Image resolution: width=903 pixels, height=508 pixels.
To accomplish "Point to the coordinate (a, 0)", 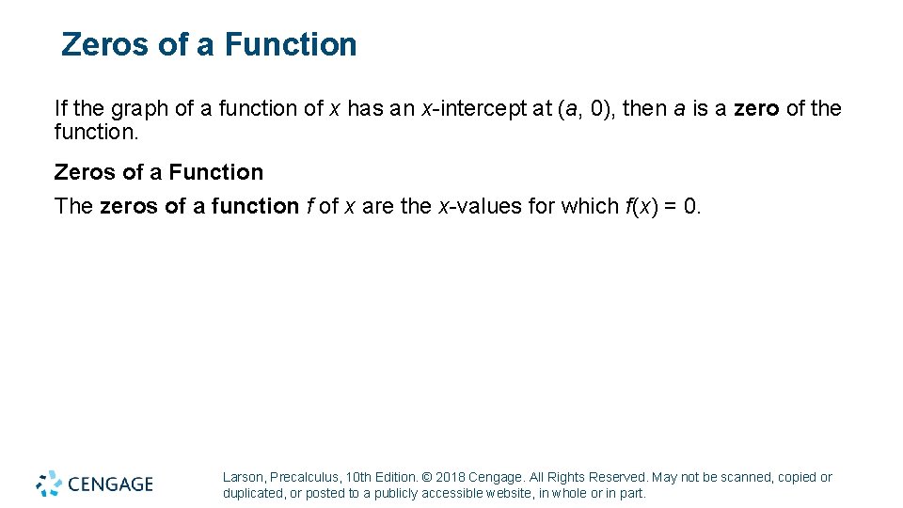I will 582,109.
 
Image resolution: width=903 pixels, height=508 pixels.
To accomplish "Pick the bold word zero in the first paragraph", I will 756,109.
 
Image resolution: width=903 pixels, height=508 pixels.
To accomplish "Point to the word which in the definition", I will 585,206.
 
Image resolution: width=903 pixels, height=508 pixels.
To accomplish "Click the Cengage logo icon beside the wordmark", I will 49,484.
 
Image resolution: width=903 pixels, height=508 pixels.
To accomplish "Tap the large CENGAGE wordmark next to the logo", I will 110,484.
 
